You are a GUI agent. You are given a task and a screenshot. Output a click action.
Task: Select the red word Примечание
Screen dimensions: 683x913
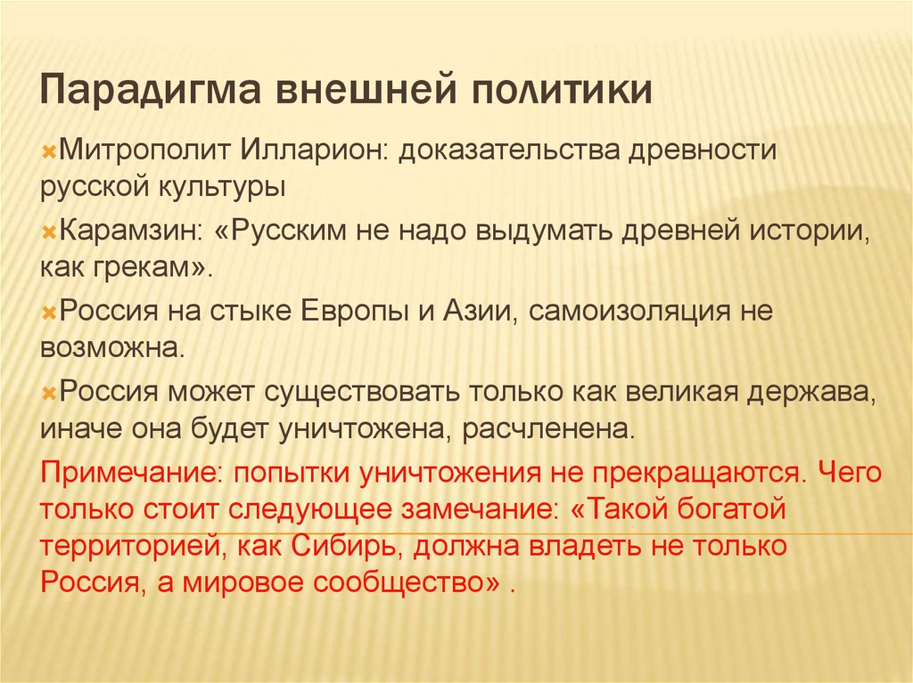click(117, 474)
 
